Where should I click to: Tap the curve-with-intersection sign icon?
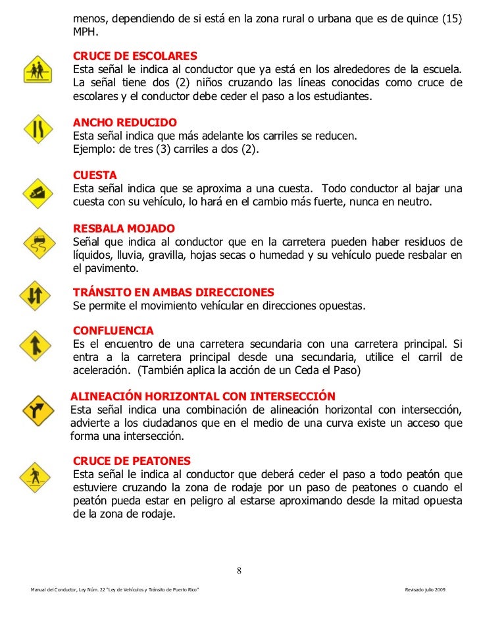37,410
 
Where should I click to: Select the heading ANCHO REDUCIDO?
125,123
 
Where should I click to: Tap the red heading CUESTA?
95,175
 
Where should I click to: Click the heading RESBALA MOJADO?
124,228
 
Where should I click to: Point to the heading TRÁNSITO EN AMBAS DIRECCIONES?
174,292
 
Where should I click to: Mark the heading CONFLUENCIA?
113,330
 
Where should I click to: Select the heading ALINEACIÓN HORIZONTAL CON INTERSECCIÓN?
203,396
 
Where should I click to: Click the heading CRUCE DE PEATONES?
132,460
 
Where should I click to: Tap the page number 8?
239,570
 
